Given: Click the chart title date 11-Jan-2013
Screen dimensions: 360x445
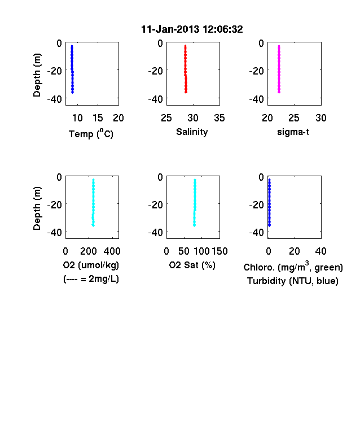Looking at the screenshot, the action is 170,29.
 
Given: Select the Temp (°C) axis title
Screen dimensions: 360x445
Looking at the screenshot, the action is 91,133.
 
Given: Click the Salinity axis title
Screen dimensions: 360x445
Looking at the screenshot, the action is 192,132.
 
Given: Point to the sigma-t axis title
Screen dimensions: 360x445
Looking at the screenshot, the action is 293,132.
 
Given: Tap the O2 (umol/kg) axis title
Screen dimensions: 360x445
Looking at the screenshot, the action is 91,265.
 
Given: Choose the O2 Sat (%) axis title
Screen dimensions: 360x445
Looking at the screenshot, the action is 192,265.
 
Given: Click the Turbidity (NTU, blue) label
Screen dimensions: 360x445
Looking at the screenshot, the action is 293,281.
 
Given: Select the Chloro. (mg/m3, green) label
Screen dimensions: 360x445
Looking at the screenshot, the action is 293,267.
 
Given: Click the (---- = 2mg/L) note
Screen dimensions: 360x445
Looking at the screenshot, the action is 91,279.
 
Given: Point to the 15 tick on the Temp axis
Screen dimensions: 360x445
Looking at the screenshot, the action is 98,118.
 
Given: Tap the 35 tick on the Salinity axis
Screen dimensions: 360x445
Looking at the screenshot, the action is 219,118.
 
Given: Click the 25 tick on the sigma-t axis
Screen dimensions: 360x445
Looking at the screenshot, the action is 294,118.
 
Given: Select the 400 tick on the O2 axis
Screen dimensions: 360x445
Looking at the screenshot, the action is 112,251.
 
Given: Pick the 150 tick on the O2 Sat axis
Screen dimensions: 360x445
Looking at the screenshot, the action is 219,251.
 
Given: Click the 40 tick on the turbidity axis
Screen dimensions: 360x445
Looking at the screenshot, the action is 321,251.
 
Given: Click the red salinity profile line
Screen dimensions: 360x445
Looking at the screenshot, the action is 186,69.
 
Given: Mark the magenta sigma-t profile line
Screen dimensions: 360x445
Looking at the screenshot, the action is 279,69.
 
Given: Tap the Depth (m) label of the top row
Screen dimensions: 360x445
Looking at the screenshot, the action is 37,75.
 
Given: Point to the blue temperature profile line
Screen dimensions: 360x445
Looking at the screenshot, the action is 72,69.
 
